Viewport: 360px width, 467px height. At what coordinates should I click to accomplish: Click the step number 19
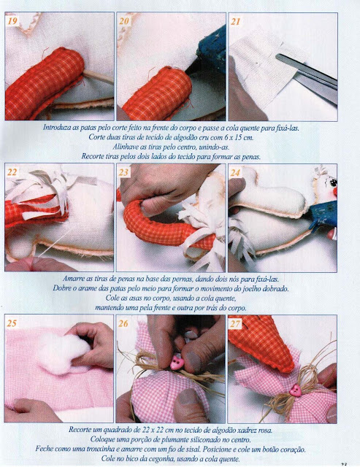coord(12,21)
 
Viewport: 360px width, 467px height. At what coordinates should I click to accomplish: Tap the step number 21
coord(235,21)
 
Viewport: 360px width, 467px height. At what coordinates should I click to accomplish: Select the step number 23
coord(123,172)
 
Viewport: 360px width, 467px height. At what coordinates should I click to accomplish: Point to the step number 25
coord(12,323)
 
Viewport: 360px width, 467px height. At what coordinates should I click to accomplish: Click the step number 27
coord(235,323)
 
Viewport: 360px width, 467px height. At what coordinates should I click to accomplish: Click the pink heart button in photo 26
coord(177,363)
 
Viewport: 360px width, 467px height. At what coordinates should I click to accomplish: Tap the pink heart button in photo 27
coord(295,390)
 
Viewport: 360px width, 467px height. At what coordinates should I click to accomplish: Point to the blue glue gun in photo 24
coord(323,214)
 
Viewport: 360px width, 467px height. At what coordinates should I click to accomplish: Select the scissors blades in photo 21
coord(307,77)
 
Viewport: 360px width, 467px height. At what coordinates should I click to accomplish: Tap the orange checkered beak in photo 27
coord(262,342)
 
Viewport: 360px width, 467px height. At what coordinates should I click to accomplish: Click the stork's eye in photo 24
coord(334,182)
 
